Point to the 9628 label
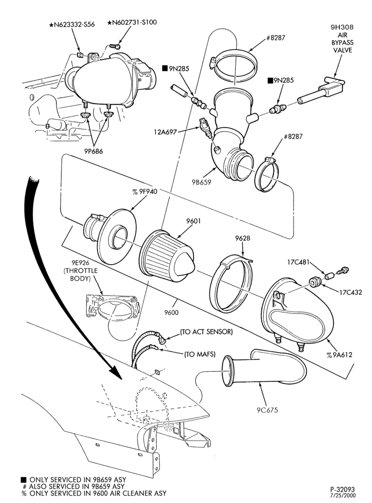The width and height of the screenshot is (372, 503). [x=242, y=238]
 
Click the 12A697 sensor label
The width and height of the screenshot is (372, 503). [x=165, y=131]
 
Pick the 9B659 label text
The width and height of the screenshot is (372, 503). [x=202, y=182]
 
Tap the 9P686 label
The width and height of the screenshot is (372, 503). [x=93, y=151]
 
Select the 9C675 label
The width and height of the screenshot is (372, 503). [x=267, y=410]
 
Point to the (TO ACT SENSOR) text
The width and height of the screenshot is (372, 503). [x=206, y=331]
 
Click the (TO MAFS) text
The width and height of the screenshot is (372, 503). [x=200, y=354]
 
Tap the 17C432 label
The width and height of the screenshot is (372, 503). [x=350, y=292]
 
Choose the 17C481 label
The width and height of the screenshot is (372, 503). [x=298, y=263]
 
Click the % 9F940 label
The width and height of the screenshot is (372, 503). [x=145, y=192]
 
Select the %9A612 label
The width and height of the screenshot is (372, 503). [x=339, y=355]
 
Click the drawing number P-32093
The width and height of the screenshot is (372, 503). [x=342, y=489]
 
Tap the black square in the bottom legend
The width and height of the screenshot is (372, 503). [x=24, y=479]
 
